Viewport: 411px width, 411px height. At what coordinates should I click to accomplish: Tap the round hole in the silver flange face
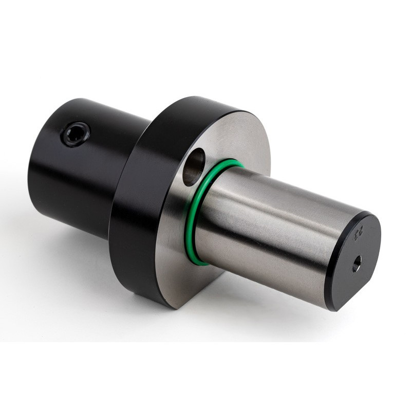click(x=193, y=166)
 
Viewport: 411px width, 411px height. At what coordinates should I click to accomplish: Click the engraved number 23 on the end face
click(x=356, y=234)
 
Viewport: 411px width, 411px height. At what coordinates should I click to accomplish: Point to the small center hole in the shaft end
click(x=357, y=264)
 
